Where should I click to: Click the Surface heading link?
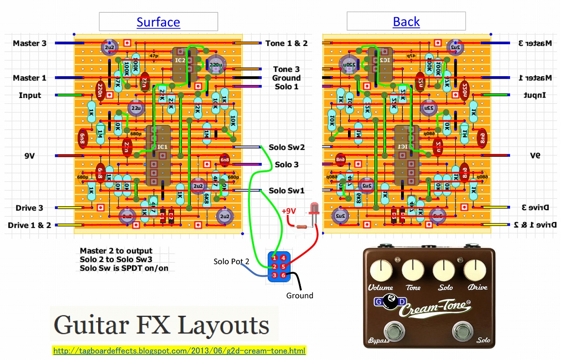(x=158, y=22)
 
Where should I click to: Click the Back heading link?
(x=406, y=21)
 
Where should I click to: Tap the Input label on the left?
(x=30, y=95)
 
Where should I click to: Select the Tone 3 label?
(x=286, y=69)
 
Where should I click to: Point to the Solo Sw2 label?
(x=287, y=148)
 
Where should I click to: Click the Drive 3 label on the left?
(x=29, y=208)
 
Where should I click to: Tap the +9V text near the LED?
(x=289, y=211)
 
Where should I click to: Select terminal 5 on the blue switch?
(x=283, y=266)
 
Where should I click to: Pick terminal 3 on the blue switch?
(x=274, y=275)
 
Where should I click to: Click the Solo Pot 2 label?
(x=231, y=261)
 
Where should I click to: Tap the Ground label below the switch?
(x=300, y=296)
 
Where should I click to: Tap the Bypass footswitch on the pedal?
(x=394, y=332)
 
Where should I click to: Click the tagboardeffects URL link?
(x=179, y=351)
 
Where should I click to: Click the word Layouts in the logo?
(x=224, y=325)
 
